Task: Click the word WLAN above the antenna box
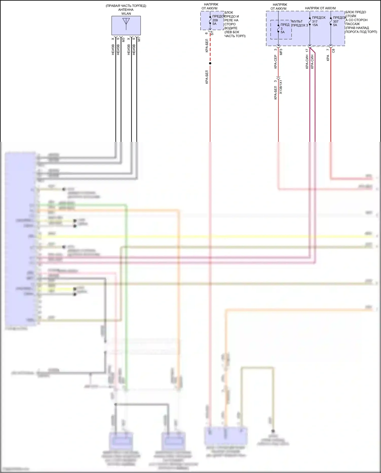point(126,14)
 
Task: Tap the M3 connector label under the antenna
point(123,40)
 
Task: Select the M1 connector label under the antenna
point(139,40)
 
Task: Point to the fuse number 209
point(215,20)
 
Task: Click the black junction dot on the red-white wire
point(210,63)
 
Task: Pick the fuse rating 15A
point(315,25)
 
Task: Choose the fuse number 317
point(315,22)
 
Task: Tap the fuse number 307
point(336,22)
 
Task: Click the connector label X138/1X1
point(281,87)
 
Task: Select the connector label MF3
point(281,52)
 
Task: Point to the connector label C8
point(333,51)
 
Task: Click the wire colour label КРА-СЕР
point(275,62)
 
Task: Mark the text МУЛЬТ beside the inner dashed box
point(297,22)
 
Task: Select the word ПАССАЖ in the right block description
point(353,24)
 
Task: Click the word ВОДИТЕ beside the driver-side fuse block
point(231,28)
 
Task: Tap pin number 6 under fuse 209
point(207,33)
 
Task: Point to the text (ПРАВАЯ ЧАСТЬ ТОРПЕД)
point(126,6)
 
